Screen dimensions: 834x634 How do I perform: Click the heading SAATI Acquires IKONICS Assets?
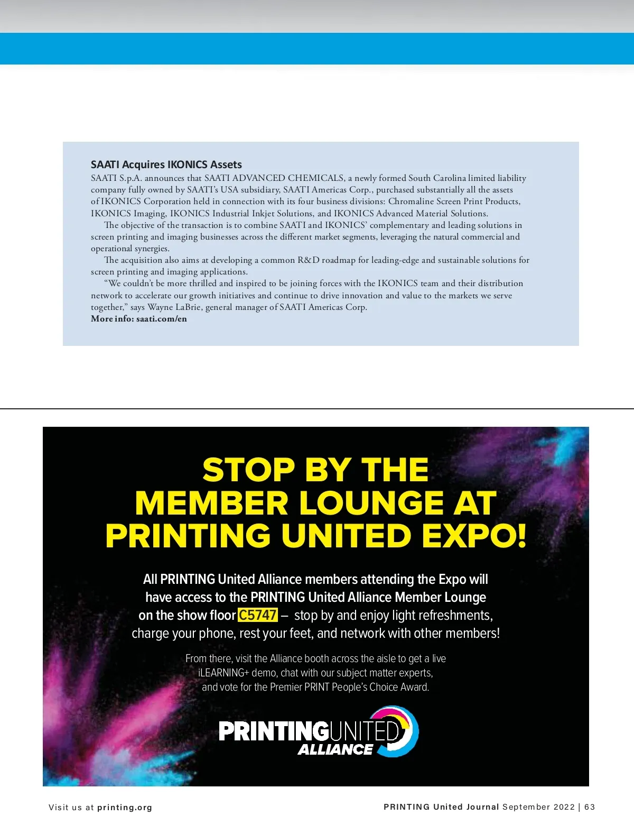(x=166, y=164)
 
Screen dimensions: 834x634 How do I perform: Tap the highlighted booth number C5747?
(x=258, y=615)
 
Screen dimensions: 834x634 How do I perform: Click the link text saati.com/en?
(x=161, y=319)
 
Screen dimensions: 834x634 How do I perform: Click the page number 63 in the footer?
(x=590, y=807)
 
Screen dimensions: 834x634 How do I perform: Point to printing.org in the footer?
(x=125, y=808)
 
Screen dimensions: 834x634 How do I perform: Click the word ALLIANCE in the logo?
(x=335, y=749)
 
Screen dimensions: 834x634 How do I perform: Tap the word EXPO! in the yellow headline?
(x=474, y=536)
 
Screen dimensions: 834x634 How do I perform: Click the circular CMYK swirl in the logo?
(x=402, y=731)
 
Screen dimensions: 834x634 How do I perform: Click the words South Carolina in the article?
(x=436, y=178)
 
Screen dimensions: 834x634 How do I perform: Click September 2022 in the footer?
(x=538, y=807)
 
